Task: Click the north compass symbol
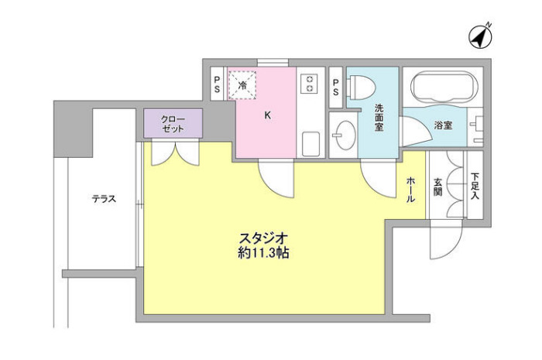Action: [x=480, y=36]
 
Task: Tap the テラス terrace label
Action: [x=104, y=199]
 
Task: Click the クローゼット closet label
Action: [x=173, y=124]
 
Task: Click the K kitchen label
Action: [x=267, y=116]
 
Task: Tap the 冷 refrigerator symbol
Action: [x=243, y=84]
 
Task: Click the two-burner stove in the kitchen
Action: [x=310, y=84]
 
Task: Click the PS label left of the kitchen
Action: [x=218, y=84]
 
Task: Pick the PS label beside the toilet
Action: [x=335, y=86]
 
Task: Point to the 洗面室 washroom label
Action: [x=379, y=118]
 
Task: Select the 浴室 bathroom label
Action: [x=443, y=125]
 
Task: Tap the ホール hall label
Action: [x=410, y=188]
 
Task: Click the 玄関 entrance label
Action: [x=437, y=188]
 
